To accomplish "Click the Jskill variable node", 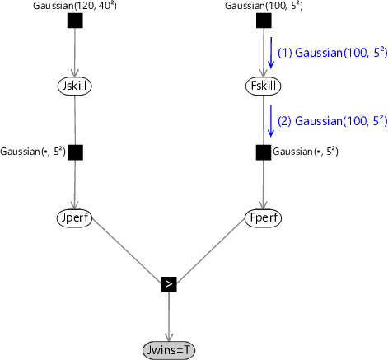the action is tap(75, 86).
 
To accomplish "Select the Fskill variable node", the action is tap(263, 86).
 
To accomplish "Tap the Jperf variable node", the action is tap(75, 218).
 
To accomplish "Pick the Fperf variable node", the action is tap(263, 218).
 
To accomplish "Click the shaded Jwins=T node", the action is tap(169, 350).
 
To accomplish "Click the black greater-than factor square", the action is tap(169, 284).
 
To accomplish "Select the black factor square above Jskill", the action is tap(75, 21).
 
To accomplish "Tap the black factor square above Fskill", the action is tap(264, 21).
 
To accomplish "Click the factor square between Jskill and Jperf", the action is tap(75, 152).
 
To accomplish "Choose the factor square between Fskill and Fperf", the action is tap(264, 152).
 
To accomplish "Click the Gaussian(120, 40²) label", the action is tap(75, 6).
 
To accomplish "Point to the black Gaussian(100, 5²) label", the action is tap(264, 6).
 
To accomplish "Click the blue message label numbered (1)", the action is tap(332, 53).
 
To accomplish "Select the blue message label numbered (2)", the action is tap(332, 121).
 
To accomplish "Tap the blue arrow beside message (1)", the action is tap(271, 53).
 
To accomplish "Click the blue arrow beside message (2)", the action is tap(271, 121).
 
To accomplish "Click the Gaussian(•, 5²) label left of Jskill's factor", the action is tap(33, 152).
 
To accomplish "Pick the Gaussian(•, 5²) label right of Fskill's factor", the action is tap(306, 152).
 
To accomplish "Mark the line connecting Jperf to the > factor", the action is tap(127, 250).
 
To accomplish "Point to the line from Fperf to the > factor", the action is tap(210, 250).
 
